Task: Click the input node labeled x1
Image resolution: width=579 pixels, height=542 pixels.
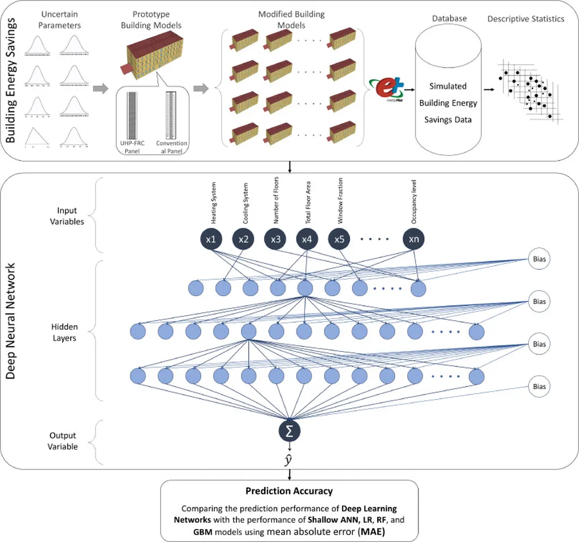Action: pos(211,239)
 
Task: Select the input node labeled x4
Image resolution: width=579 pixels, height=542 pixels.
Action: pos(306,239)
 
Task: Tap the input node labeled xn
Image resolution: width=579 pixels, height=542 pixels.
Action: pos(414,239)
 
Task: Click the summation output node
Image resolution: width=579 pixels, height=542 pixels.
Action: pos(289,431)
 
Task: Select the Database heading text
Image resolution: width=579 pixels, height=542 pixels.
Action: pos(450,19)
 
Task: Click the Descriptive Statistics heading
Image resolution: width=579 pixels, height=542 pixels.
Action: pos(526,19)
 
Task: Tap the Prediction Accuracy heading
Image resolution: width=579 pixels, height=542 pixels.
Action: pos(289,491)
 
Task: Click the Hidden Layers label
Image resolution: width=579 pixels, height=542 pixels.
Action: pos(65,332)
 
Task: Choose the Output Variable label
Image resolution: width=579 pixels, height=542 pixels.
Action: pos(62,441)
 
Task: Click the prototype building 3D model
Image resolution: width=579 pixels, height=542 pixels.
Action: pos(152,54)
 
